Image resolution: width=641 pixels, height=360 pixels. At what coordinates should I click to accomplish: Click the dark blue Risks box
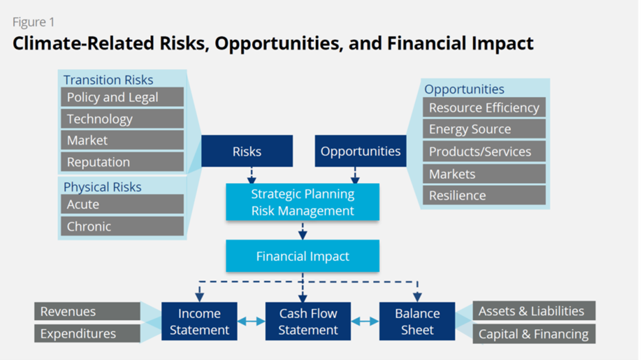click(247, 151)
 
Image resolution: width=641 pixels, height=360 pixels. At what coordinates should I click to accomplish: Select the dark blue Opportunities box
click(361, 151)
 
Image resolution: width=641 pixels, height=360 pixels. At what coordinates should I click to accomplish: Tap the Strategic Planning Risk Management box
click(302, 202)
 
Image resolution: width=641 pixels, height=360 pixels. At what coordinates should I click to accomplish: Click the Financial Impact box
click(302, 256)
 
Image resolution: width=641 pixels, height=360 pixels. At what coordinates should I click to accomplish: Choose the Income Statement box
click(200, 321)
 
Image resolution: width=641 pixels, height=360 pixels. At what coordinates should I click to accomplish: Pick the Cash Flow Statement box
click(308, 321)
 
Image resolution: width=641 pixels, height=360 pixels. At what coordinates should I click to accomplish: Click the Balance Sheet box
click(417, 321)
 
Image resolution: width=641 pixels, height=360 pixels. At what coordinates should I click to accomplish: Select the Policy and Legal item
click(123, 97)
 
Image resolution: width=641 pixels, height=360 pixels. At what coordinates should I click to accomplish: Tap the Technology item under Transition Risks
click(123, 118)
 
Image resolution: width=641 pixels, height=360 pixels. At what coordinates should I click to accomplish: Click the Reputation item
click(123, 162)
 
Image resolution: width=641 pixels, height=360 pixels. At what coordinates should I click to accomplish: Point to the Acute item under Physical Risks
click(123, 204)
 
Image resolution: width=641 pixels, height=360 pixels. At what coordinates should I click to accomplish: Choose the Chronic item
click(123, 226)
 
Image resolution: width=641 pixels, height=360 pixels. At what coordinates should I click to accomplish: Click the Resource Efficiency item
click(484, 107)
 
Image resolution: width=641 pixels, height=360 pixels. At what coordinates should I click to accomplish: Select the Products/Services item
click(484, 151)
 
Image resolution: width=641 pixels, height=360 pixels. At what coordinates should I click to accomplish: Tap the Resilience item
click(484, 195)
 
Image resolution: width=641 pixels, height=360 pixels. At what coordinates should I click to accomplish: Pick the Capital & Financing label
click(534, 334)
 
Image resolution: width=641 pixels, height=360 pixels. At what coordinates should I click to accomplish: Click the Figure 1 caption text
click(34, 22)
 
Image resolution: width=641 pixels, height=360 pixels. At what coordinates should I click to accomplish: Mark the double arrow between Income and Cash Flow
click(251, 321)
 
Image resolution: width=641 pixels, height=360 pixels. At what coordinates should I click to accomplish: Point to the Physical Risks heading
click(102, 187)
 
